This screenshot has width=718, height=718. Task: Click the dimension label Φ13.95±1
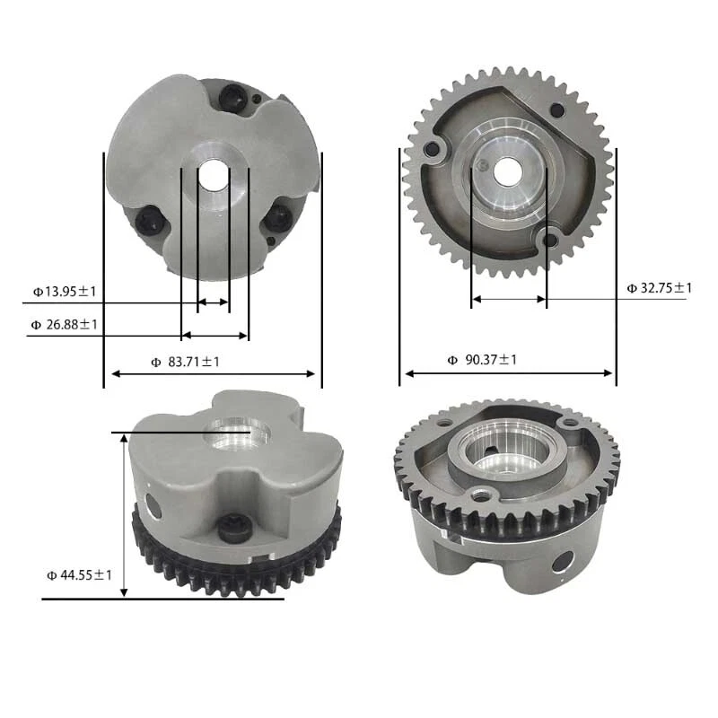coord(66,291)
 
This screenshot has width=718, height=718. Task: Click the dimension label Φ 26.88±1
coord(65,324)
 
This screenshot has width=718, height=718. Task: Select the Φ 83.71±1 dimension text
coord(185,361)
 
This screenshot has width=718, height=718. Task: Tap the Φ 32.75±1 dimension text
coord(660,288)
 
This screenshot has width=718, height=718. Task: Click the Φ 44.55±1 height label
coord(79,574)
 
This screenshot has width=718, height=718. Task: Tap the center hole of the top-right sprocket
coord(508,170)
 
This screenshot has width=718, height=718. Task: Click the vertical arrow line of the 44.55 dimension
coord(125,516)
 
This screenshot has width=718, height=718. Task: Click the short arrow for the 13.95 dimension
coord(213,302)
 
